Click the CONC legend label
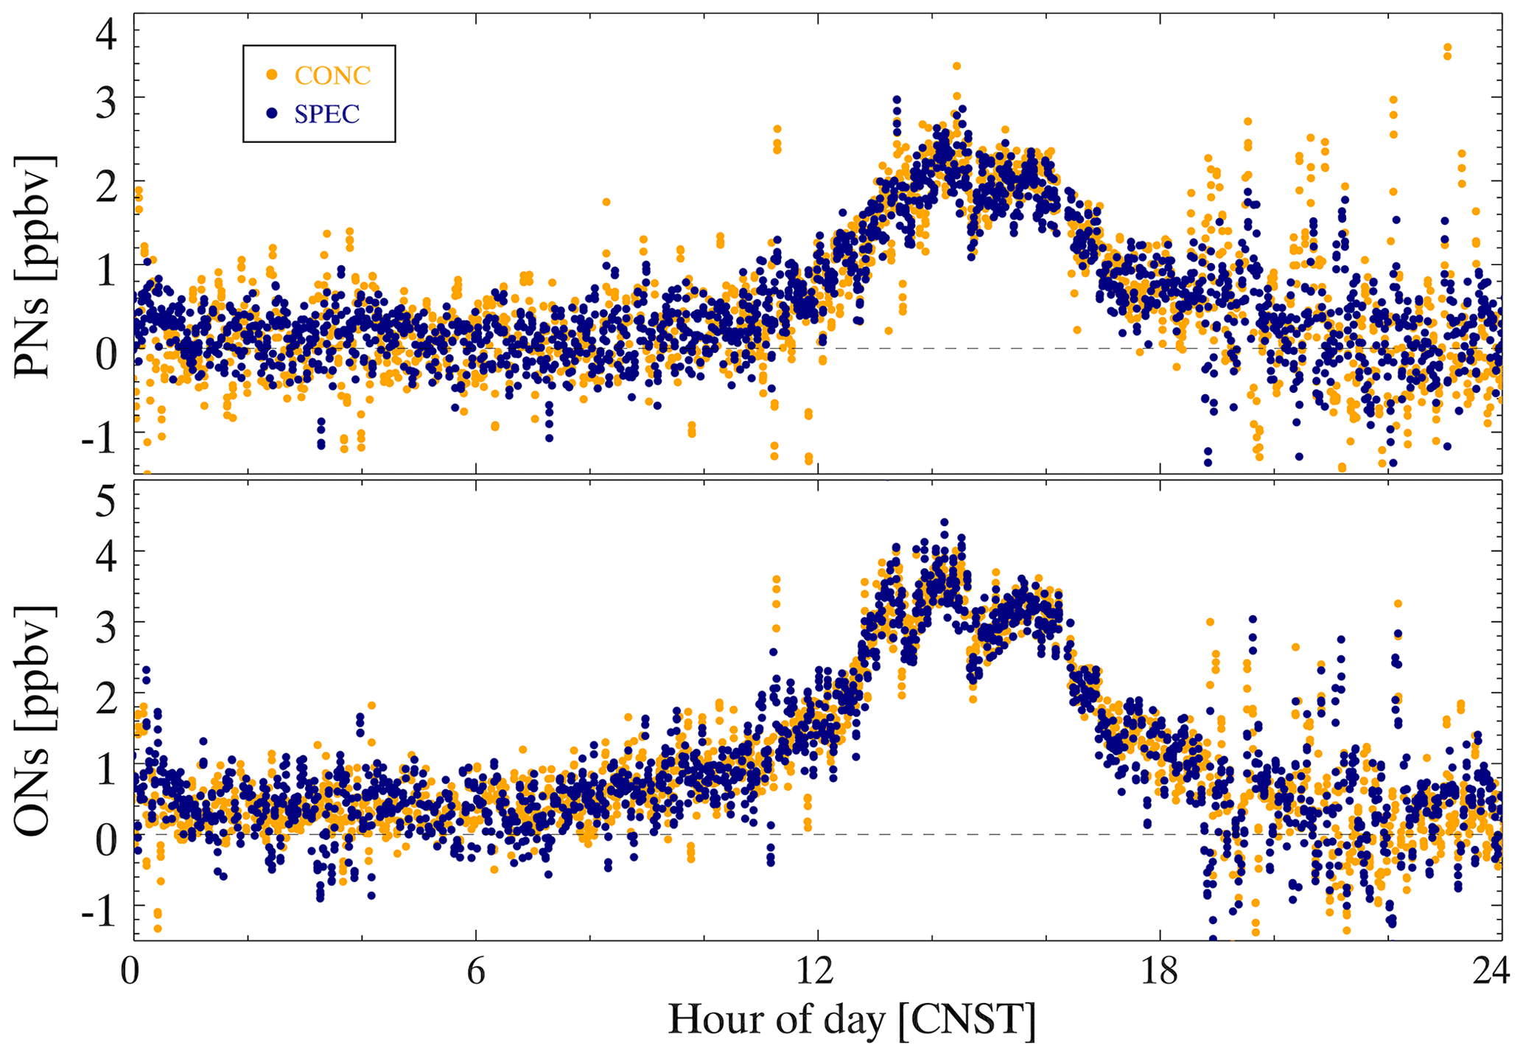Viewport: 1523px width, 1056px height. (332, 75)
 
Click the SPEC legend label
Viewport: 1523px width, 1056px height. (326, 114)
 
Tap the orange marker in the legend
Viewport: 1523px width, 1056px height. (272, 74)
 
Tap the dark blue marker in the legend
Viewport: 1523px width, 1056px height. (272, 113)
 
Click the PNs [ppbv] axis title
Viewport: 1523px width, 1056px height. (34, 267)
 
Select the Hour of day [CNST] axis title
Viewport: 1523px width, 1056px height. (851, 1021)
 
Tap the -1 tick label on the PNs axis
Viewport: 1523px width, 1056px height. (99, 441)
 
